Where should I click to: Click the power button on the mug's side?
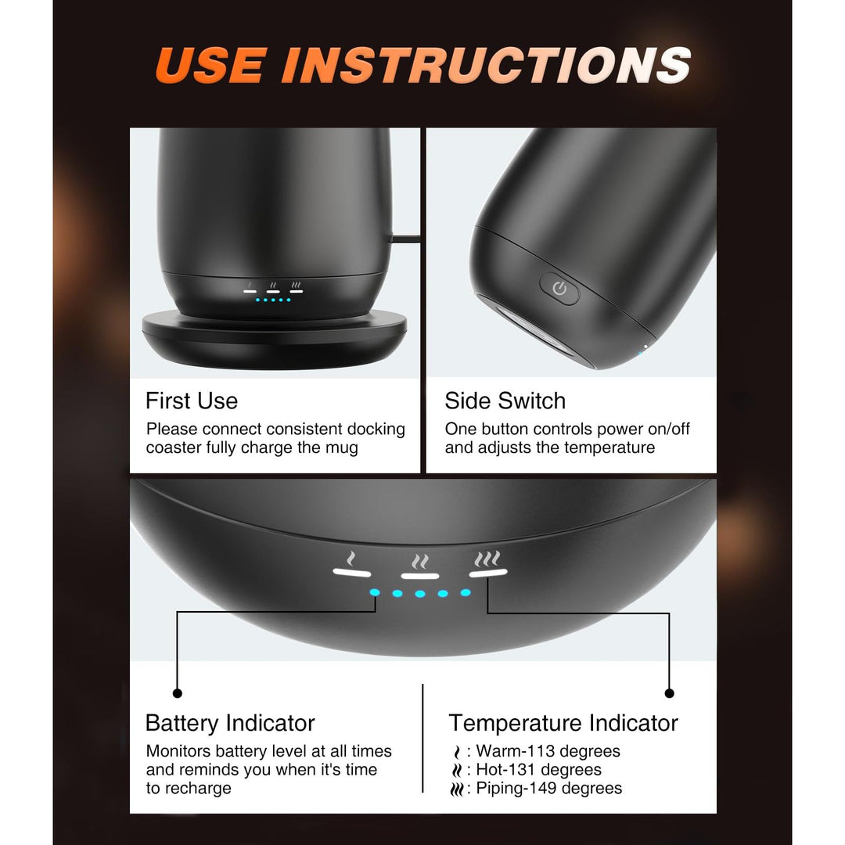(x=559, y=289)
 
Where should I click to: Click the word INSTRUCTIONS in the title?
(x=487, y=65)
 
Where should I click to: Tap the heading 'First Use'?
(x=192, y=401)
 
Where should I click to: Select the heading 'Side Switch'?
(x=505, y=401)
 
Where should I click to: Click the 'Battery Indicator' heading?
(x=230, y=723)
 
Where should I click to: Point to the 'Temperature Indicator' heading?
(x=563, y=723)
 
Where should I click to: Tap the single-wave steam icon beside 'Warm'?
(x=458, y=752)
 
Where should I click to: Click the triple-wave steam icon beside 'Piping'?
(x=456, y=789)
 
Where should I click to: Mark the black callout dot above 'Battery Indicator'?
(x=178, y=693)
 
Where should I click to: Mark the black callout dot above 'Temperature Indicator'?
(x=669, y=693)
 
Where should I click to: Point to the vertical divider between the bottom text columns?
(x=423, y=739)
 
